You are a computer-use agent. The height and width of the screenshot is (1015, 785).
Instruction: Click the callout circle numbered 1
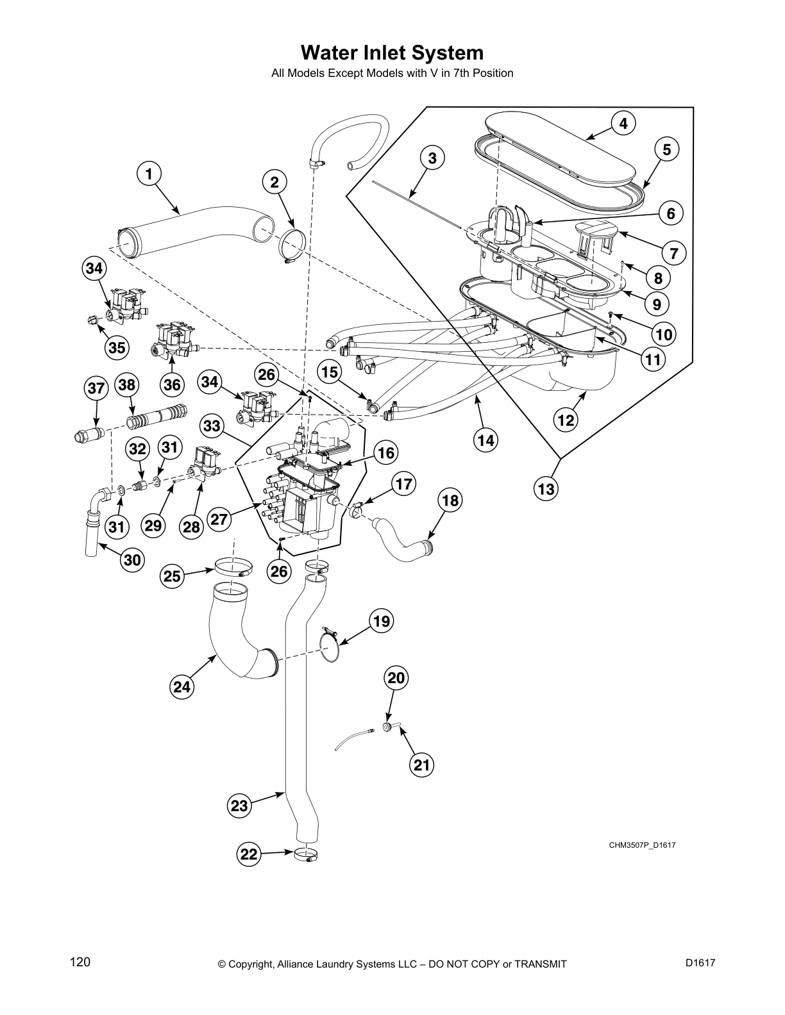click(x=149, y=174)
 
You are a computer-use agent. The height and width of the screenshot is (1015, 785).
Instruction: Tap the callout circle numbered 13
click(x=546, y=490)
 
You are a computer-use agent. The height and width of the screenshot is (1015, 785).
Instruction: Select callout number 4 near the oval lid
click(x=623, y=123)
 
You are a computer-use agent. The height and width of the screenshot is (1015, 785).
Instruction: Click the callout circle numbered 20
click(x=396, y=678)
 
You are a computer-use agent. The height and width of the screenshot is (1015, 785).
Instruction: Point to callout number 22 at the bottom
click(x=249, y=854)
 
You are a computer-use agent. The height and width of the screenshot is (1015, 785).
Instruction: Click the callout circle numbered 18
click(x=451, y=500)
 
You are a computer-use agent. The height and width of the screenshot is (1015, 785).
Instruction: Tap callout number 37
click(x=96, y=388)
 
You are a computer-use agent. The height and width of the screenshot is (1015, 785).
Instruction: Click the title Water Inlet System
click(x=392, y=53)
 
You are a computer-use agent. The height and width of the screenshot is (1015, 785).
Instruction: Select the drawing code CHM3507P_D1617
click(x=642, y=845)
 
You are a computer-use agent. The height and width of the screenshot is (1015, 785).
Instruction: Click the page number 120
click(x=80, y=962)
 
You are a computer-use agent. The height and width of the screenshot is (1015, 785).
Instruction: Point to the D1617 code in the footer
click(x=700, y=962)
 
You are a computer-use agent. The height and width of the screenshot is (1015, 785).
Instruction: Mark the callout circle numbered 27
click(x=219, y=519)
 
